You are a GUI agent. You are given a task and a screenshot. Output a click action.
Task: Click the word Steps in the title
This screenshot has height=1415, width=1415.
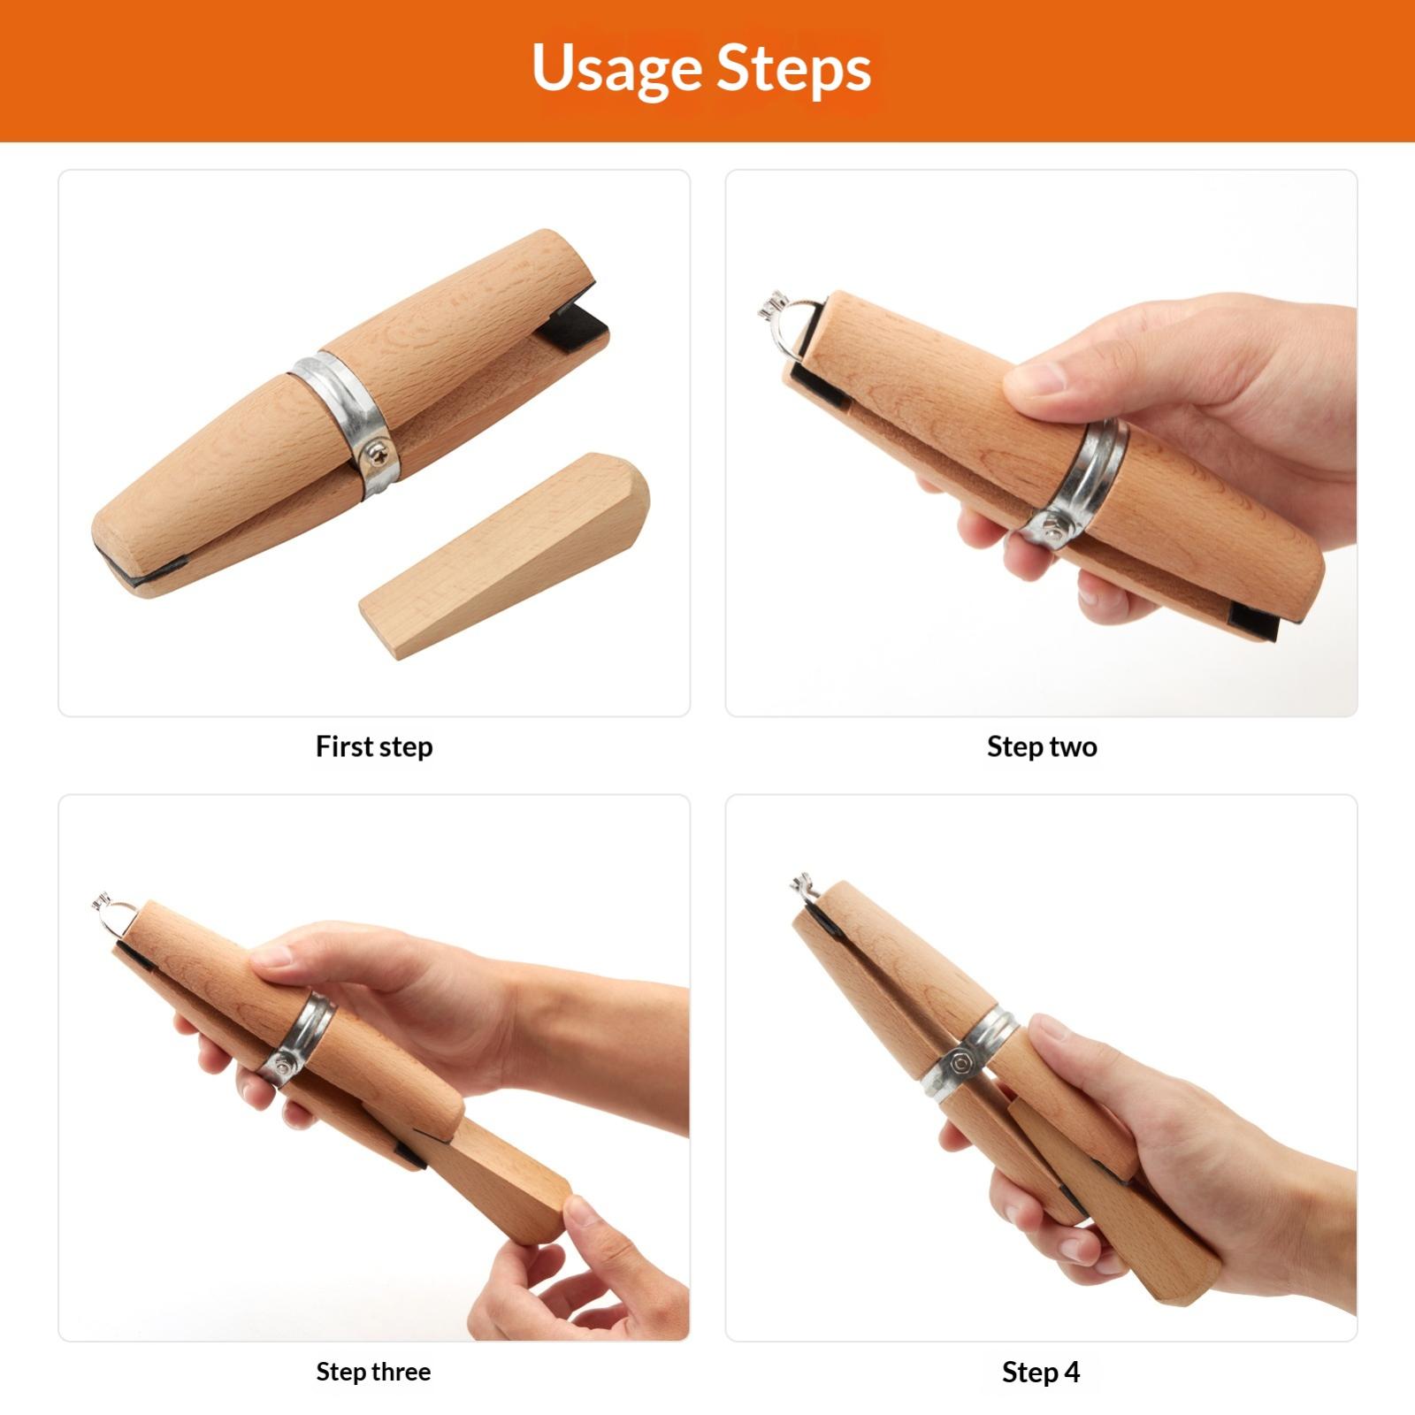pos(794,69)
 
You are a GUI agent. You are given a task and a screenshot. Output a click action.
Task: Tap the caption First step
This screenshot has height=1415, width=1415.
pos(374,746)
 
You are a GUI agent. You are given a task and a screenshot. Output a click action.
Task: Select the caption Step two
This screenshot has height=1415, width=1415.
pos(1042,746)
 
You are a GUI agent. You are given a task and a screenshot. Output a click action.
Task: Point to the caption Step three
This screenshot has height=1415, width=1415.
pos(373,1372)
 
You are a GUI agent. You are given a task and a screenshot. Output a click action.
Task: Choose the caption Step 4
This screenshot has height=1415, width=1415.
pos(1041,1372)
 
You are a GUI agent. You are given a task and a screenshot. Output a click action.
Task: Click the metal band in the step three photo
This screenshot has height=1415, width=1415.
pos(299,1040)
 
